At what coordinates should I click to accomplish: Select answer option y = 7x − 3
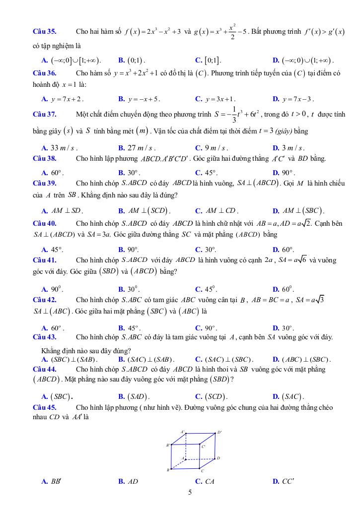(x=298, y=99)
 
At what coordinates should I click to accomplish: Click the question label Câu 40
(x=44, y=223)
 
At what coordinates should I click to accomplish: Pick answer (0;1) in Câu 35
(x=135, y=61)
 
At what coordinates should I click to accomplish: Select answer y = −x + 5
(x=144, y=99)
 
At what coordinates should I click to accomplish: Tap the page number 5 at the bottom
(x=190, y=493)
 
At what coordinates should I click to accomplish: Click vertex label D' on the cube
(x=219, y=432)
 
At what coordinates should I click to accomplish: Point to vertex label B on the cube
(x=168, y=469)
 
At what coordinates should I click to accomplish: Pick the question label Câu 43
(x=44, y=337)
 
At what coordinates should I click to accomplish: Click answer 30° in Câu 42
(x=288, y=328)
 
